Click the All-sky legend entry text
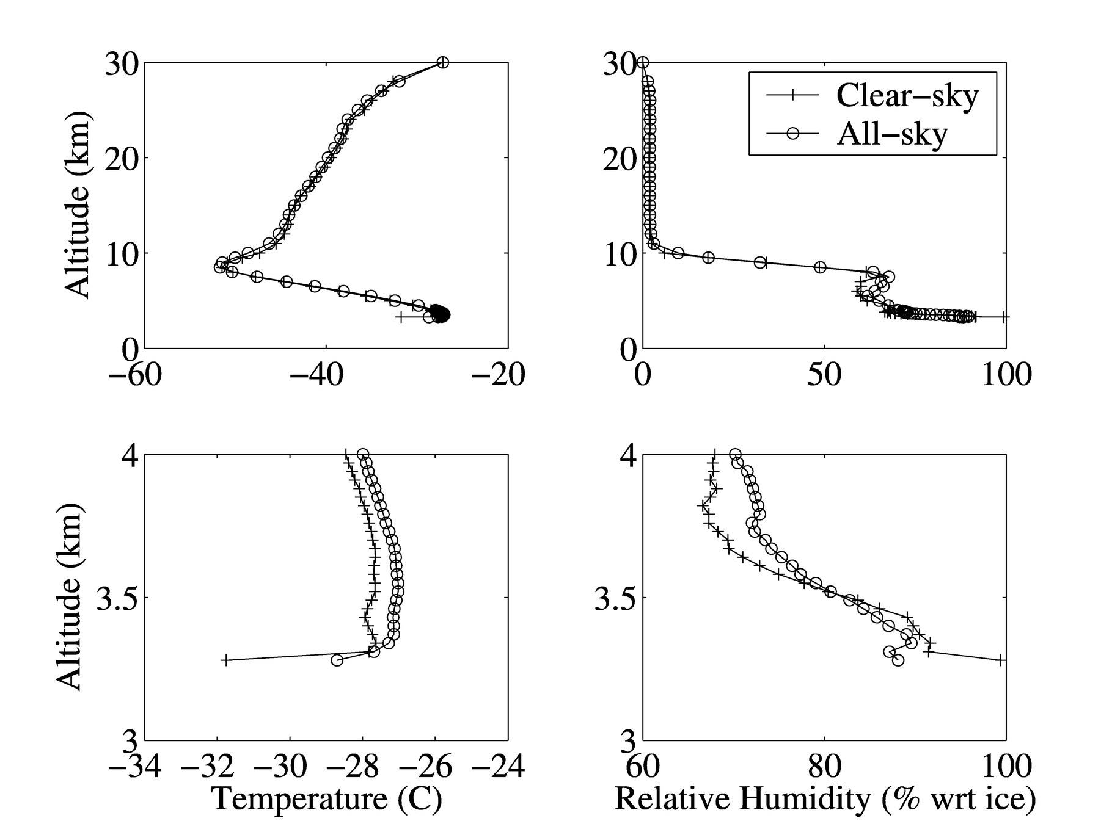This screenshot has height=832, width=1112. [891, 134]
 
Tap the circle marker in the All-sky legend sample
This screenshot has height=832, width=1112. [792, 134]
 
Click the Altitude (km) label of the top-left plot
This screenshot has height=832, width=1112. [78, 204]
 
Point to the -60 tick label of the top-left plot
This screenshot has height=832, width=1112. [134, 374]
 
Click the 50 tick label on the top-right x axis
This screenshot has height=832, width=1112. [824, 374]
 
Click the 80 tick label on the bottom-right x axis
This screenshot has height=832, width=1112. [824, 767]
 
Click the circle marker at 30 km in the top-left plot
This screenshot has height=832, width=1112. [443, 62]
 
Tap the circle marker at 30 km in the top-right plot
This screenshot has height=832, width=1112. [643, 62]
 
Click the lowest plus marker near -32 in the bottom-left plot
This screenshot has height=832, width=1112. [225, 660]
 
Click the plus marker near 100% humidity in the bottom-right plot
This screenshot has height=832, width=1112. [1000, 660]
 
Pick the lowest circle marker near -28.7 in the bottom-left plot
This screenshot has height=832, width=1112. [337, 660]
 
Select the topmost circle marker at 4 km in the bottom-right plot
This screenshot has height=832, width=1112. [735, 454]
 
